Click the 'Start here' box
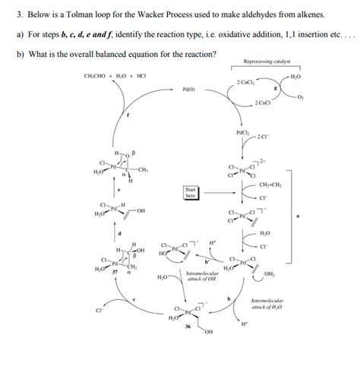tap(191, 193)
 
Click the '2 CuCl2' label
tap(246, 81)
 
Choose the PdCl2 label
tap(243, 134)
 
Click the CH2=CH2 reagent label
tap(271, 185)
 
